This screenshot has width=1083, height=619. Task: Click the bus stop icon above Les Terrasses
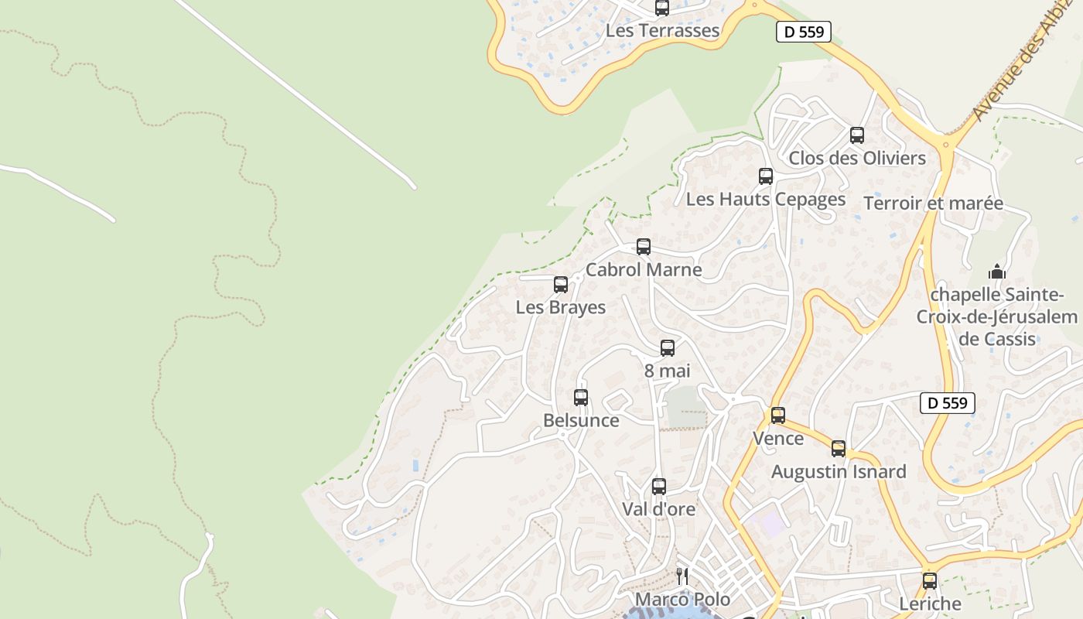tap(662, 8)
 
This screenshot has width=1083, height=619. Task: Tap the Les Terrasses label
tap(662, 31)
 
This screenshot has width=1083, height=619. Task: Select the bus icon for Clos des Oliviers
tap(857, 135)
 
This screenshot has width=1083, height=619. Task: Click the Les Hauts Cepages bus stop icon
tap(766, 176)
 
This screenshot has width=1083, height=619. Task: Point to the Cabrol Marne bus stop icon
tap(644, 247)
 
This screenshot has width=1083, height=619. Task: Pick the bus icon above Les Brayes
tap(561, 285)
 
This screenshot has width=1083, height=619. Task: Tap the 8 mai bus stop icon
tap(668, 348)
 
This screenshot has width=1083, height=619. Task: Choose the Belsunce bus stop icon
tap(581, 398)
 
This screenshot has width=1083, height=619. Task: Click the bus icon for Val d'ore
tap(659, 487)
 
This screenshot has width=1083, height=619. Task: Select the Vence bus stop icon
tap(778, 416)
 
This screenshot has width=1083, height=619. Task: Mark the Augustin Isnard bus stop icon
tap(839, 449)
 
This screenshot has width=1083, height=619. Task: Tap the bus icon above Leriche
tap(930, 580)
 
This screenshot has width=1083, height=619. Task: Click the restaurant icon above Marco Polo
tap(682, 576)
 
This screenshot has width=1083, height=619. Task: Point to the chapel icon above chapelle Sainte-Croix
tap(997, 272)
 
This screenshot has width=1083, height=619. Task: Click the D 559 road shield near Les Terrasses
tap(804, 32)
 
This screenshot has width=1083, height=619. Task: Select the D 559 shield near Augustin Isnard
tap(948, 403)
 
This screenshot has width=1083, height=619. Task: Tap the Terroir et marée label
tap(933, 203)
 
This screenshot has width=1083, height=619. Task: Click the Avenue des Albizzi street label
tap(1026, 70)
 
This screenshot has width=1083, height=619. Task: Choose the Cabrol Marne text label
tap(644, 270)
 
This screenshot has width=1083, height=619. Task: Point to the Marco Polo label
tap(682, 600)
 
